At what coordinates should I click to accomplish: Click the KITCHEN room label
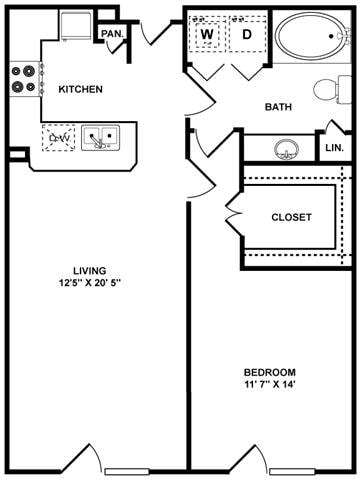click(x=80, y=89)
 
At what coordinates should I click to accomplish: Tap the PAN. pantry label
click(x=111, y=34)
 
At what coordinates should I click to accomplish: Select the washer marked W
click(x=208, y=35)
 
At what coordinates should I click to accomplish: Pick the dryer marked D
click(x=246, y=35)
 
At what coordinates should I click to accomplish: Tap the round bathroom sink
click(x=288, y=151)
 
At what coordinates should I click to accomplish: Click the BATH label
click(x=277, y=107)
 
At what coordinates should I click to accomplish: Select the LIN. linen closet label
click(x=334, y=148)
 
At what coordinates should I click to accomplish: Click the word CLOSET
click(x=291, y=217)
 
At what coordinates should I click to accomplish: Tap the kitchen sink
click(x=100, y=138)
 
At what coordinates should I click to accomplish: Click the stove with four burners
click(x=24, y=79)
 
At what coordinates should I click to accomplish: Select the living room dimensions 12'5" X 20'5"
click(x=90, y=282)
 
